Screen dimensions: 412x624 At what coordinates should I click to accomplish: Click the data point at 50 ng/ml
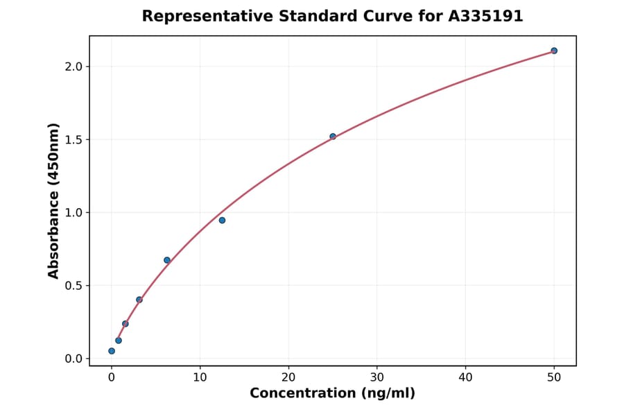pos(554,51)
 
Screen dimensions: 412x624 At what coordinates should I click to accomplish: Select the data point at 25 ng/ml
pos(333,137)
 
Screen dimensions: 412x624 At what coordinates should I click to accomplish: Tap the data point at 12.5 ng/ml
pos(222,221)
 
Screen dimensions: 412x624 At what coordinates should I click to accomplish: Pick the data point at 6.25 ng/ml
pos(167,260)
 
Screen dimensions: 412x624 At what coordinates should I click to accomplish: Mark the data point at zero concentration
pos(112,351)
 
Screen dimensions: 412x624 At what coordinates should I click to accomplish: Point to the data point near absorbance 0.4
pos(139,300)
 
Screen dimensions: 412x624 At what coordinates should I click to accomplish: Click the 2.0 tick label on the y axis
pos(73,67)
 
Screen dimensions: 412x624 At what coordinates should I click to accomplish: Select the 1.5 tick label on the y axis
pos(73,139)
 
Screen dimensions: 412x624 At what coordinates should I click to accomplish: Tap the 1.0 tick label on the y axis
pos(73,213)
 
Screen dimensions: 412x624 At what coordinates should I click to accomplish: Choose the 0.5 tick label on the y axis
pos(73,286)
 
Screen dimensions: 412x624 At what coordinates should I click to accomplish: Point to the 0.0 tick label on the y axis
pos(73,359)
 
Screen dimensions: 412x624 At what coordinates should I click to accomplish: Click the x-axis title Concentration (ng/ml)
pos(333,394)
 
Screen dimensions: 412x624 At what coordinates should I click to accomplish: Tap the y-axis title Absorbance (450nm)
pos(54,201)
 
